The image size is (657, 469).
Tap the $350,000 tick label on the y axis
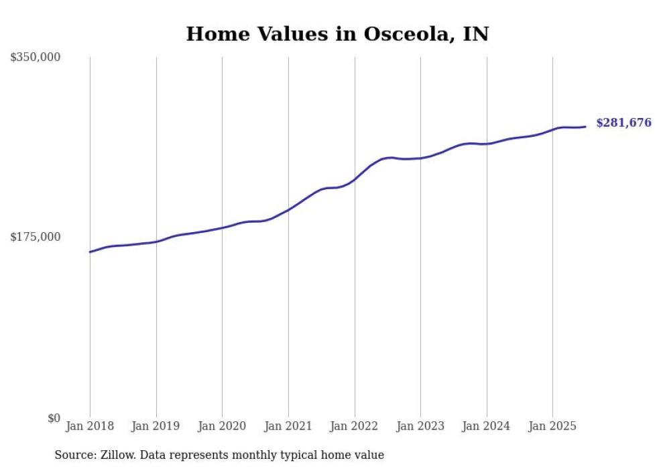36,58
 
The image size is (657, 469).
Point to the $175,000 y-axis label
36,237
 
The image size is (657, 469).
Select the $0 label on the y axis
54,418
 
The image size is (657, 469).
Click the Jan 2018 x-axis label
90,426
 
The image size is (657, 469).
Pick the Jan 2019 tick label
156,426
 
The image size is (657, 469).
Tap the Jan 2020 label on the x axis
222,426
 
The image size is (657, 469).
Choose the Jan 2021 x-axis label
288,426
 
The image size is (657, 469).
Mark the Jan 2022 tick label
355,426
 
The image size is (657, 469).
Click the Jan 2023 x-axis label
420,426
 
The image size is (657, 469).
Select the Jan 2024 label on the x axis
487,426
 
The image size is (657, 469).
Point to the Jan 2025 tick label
552,426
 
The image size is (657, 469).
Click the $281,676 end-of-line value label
623,123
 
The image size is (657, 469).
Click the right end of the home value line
585,127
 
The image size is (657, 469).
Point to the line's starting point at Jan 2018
90,252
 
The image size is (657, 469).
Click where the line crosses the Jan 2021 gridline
288,209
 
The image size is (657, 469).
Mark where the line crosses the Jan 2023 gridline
420,158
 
